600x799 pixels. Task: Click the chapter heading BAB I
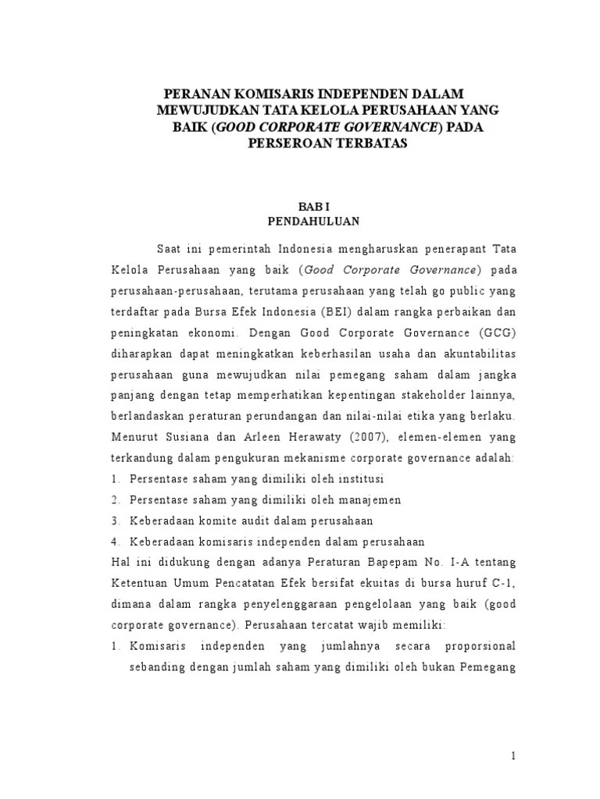tap(312, 206)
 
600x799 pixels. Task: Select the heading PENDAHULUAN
tap(312, 221)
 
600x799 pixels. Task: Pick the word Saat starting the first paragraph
tap(171, 248)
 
